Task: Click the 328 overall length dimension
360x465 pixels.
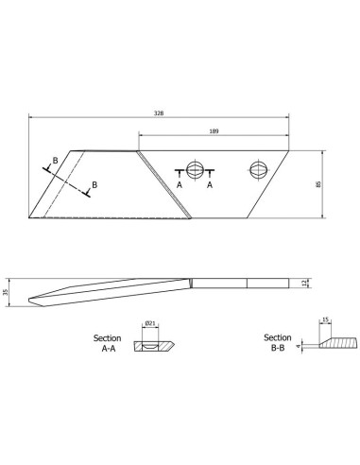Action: (x=159, y=112)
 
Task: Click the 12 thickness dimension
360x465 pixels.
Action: (x=304, y=283)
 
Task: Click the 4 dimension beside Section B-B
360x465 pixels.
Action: (x=298, y=348)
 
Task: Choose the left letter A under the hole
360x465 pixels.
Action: (x=179, y=186)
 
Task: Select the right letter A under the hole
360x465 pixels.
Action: (x=210, y=186)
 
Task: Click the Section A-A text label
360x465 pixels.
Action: (x=106, y=343)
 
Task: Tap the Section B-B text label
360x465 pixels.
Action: (x=276, y=343)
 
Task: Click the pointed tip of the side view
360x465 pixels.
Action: (x=28, y=301)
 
